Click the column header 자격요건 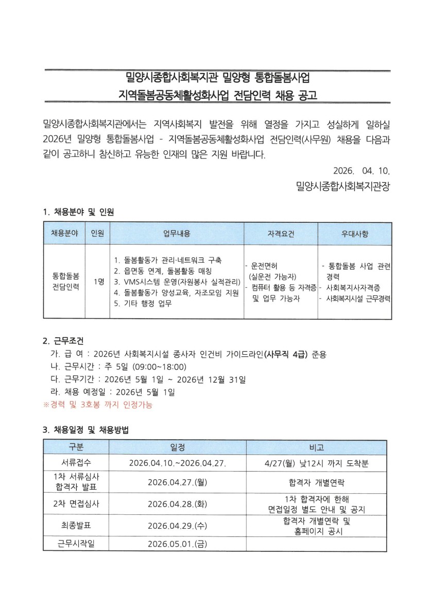point(281,233)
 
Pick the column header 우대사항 point(355,233)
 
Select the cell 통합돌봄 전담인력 point(65,282)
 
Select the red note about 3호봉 point(97,405)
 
